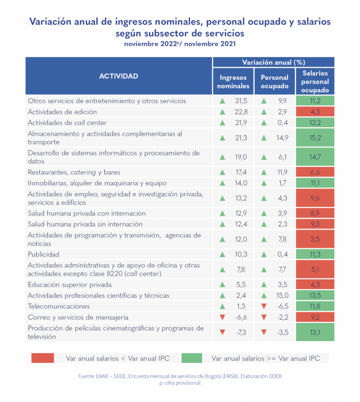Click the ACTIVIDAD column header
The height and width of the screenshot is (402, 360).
[x=118, y=76]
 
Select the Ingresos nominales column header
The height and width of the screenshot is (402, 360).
[x=233, y=82]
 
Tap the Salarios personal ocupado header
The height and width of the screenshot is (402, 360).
[x=315, y=82]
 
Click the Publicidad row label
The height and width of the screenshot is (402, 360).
[x=44, y=254]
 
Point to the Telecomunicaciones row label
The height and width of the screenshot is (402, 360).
[x=58, y=306]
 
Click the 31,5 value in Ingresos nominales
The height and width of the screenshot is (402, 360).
[x=241, y=101]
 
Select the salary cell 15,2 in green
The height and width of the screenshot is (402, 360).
[x=315, y=137]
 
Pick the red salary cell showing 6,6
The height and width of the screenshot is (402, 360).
[x=315, y=172]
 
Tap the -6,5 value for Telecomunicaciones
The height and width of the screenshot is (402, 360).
[x=282, y=306]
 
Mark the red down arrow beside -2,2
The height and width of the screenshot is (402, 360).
[x=264, y=317]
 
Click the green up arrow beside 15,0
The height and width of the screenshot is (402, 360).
[x=264, y=296]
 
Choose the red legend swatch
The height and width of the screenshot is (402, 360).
[x=43, y=358]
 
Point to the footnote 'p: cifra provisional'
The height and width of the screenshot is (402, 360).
[x=180, y=383]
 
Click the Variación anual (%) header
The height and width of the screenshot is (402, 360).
[x=273, y=62]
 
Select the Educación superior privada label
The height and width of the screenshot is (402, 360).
[x=70, y=285]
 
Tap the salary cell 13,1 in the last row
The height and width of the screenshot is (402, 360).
[x=315, y=332]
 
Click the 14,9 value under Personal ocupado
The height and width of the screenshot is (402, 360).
[x=282, y=137]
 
